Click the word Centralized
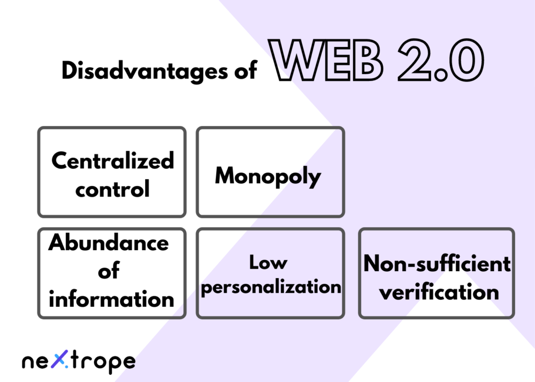coord(112,160)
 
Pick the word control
coord(112,188)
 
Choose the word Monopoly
coord(268,176)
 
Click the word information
coord(111,299)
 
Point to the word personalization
coord(271,287)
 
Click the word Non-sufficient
coord(437,263)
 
